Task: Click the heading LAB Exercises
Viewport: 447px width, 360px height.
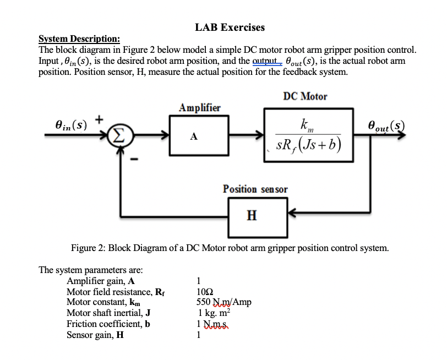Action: pos(230,27)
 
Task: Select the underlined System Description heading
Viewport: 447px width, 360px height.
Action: pos(79,39)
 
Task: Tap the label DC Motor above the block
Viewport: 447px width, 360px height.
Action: pos(305,96)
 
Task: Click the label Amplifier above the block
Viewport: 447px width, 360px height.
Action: pos(200,107)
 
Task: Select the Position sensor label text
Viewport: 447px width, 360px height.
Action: pos(255,189)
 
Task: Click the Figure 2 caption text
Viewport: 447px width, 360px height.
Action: pos(230,248)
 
